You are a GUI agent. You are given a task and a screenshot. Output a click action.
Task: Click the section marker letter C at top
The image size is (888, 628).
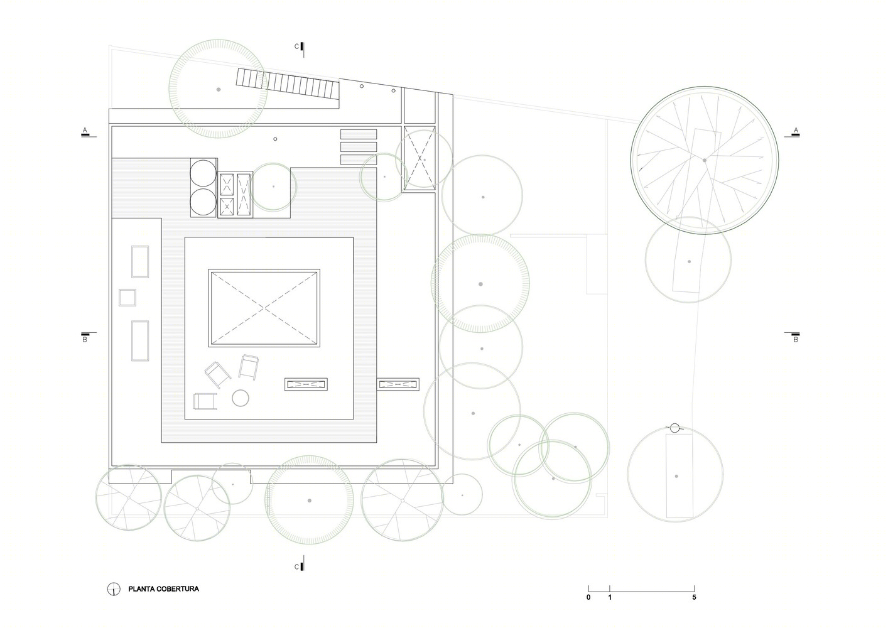[x=296, y=46]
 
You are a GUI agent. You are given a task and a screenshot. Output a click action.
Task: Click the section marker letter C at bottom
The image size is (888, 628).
[x=296, y=567]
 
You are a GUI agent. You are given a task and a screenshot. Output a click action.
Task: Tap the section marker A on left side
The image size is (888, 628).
[x=84, y=130]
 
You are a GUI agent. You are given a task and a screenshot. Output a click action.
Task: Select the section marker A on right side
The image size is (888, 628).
[x=795, y=130]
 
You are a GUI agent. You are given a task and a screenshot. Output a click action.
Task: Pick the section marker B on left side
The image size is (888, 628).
[x=84, y=339]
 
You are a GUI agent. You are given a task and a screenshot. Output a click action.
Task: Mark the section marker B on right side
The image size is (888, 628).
[x=795, y=339]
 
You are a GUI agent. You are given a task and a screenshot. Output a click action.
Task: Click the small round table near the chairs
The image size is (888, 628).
[x=241, y=398]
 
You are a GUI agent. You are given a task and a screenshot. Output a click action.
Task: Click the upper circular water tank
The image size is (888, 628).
[x=203, y=173]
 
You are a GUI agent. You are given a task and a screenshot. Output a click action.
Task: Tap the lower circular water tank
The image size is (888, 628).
[x=203, y=202]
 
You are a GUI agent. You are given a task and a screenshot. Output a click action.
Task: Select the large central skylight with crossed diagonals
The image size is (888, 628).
[x=264, y=308]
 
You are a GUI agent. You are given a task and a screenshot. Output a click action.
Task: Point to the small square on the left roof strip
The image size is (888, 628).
[x=127, y=297]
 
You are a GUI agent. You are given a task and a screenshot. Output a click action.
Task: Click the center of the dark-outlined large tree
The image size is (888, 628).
[x=705, y=160]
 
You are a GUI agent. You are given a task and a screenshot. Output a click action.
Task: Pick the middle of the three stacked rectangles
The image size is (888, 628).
[x=359, y=147]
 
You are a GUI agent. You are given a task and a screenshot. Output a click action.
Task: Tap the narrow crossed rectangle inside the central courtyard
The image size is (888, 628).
[x=306, y=384]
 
